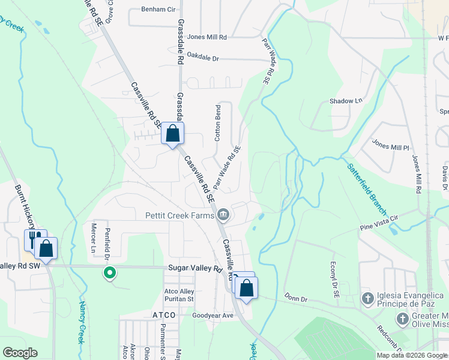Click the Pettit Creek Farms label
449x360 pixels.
pos(179,215)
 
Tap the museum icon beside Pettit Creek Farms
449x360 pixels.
pos(223,214)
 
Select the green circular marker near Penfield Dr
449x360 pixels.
pos(110,273)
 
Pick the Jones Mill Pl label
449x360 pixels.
pos(390,146)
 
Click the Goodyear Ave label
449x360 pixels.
pos(212,315)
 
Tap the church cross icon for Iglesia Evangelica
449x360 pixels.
pos(368,298)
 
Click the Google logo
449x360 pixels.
pos(20,353)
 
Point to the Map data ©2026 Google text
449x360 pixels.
pos(411,355)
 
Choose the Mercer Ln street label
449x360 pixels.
pos(93,238)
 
